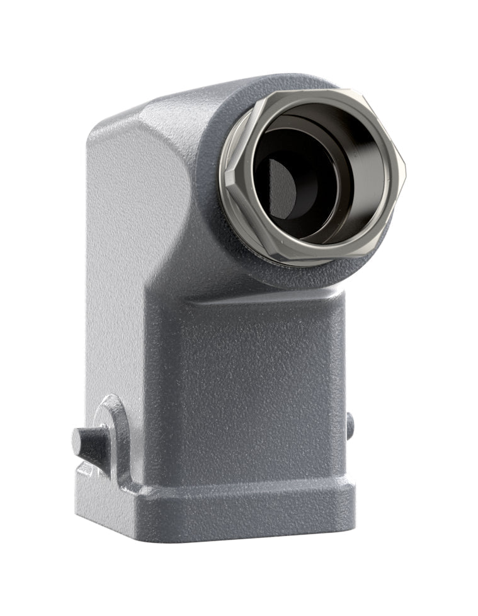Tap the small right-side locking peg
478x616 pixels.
pyautogui.click(x=350, y=424)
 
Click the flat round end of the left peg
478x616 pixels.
pyautogui.click(x=77, y=441)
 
